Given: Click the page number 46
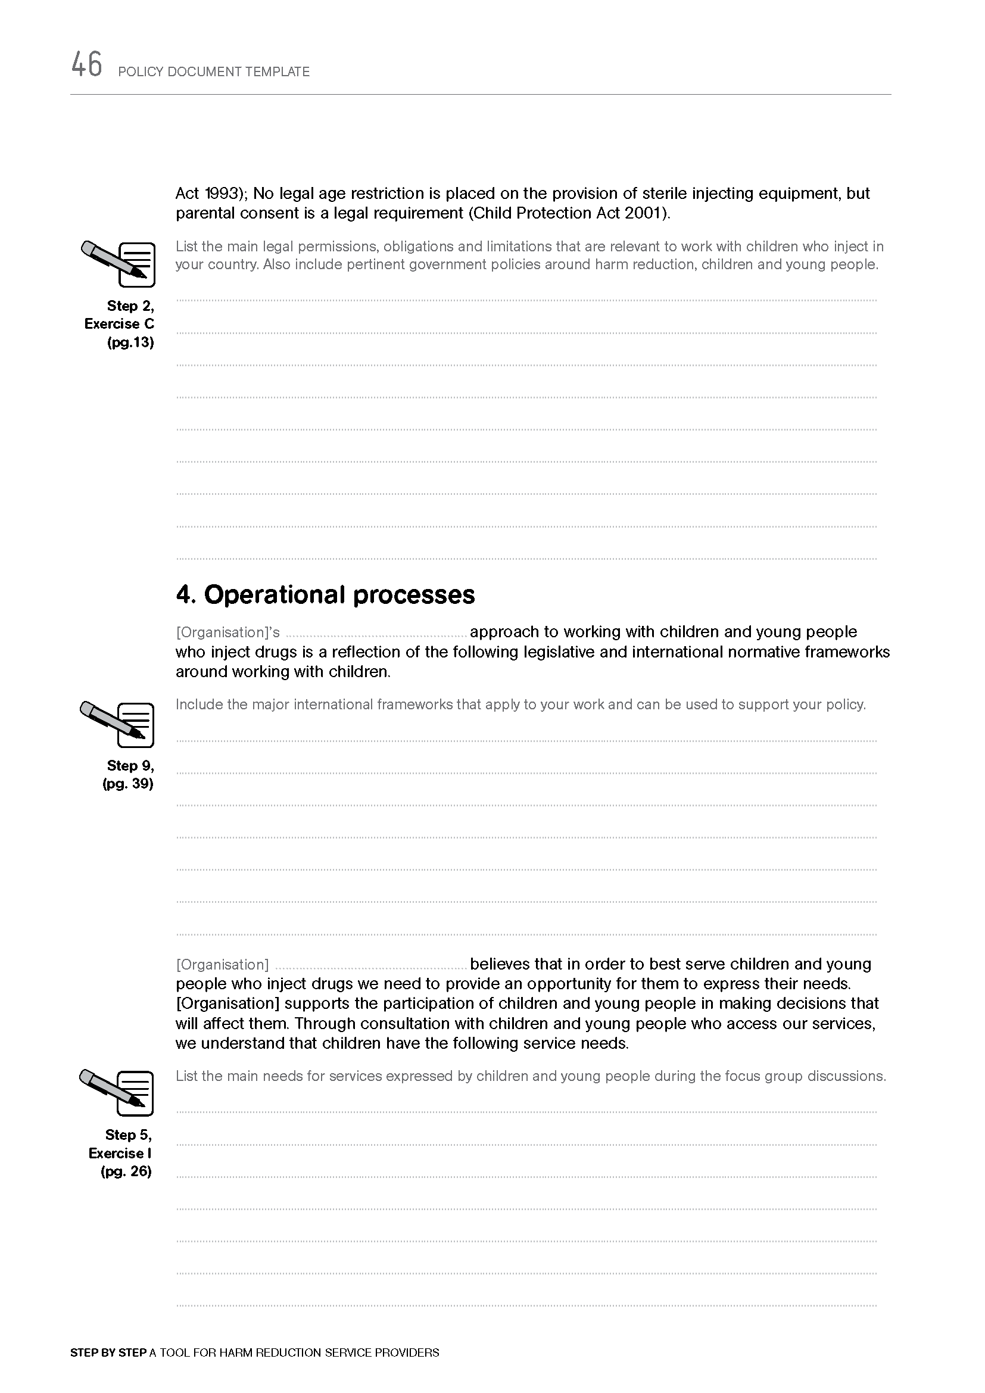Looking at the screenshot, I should coord(87,65).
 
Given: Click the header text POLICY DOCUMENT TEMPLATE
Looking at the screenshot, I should coord(214,71).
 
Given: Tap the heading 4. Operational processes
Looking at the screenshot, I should coord(325,594).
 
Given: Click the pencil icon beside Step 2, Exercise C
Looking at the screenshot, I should coord(119,263).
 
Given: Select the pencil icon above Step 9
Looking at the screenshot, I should coord(118,724).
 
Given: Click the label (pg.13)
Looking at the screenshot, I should coord(130,342).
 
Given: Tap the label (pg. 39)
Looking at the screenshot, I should coord(128,783).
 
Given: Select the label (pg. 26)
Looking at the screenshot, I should coord(126,1171).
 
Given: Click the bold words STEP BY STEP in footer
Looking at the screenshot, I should coord(108,1353).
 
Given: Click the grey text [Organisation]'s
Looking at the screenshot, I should coord(228,632).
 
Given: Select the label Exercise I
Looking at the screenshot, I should coord(120,1153).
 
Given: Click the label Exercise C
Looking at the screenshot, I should coord(120,324).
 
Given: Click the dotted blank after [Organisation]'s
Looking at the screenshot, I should coord(376,634).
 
